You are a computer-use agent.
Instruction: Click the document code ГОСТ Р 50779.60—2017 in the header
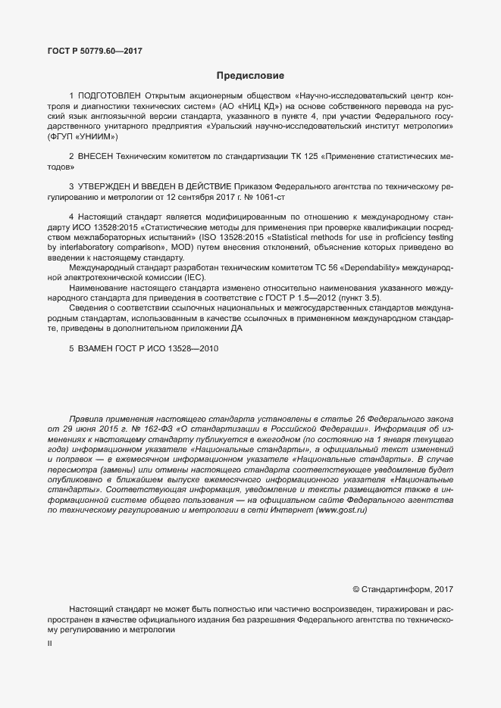point(95,51)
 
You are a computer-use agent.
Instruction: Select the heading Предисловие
point(250,76)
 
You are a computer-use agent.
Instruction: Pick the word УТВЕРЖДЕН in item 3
point(106,186)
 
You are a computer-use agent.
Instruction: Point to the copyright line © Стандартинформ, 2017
point(403,589)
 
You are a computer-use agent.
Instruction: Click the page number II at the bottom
point(50,643)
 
